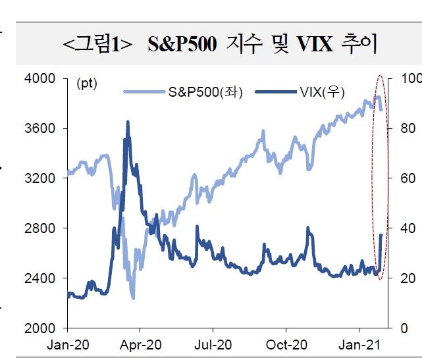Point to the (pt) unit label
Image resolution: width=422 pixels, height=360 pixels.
coord(86,84)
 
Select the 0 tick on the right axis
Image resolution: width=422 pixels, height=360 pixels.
coord(393,328)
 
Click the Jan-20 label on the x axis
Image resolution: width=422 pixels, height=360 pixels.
coord(68,344)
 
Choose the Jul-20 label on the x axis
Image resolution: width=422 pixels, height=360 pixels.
coord(213,344)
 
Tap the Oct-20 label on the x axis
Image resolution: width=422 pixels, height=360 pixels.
coord(286,344)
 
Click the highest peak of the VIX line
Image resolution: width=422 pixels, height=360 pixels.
coord(128,122)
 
